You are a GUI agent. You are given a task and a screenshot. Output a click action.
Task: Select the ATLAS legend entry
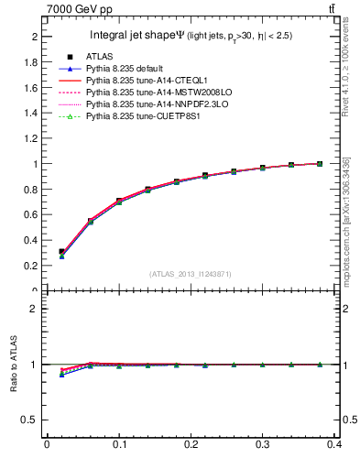coord(100,57)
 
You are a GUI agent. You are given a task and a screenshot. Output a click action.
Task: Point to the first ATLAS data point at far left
coord(61,252)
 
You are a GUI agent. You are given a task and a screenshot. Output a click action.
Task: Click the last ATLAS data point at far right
coord(319,164)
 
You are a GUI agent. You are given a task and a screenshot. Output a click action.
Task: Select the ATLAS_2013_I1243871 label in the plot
coord(191,275)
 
